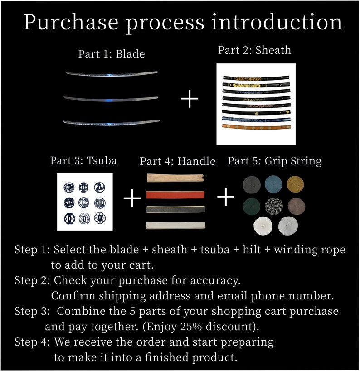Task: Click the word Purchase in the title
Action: coord(71,23)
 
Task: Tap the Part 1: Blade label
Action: coord(112,54)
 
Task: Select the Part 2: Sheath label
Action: coord(255,50)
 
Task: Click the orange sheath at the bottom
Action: coord(256,127)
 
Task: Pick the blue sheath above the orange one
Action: coord(256,119)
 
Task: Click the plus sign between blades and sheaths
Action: coord(190,99)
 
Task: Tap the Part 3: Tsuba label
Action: coord(83,160)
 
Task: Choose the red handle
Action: coord(175,195)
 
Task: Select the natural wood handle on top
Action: coord(175,178)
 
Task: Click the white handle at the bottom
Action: coord(175,225)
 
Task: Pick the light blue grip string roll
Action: coord(273,184)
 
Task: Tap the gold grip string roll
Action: coord(295,184)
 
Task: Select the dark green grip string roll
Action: coord(252,206)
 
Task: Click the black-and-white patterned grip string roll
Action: coord(274,206)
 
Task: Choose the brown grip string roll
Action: coord(296,206)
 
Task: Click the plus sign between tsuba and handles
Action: coord(132,198)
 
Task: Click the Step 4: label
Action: coord(32,342)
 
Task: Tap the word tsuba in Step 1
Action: coord(215,250)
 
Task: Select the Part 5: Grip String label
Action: coord(275,161)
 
